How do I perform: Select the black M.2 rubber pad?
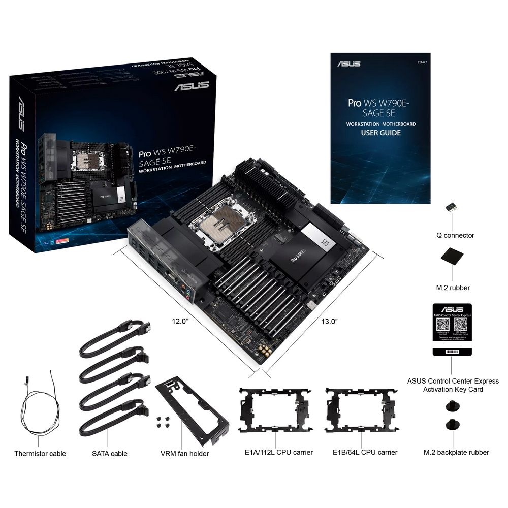(452, 256)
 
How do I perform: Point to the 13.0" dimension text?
(329, 321)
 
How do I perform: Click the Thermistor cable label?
(40, 453)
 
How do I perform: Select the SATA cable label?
(109, 453)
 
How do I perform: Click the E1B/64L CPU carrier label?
(365, 452)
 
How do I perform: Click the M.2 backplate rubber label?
(456, 452)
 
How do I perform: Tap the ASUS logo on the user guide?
(348, 64)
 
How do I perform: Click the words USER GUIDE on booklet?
(380, 133)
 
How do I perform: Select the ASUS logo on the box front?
(192, 86)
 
